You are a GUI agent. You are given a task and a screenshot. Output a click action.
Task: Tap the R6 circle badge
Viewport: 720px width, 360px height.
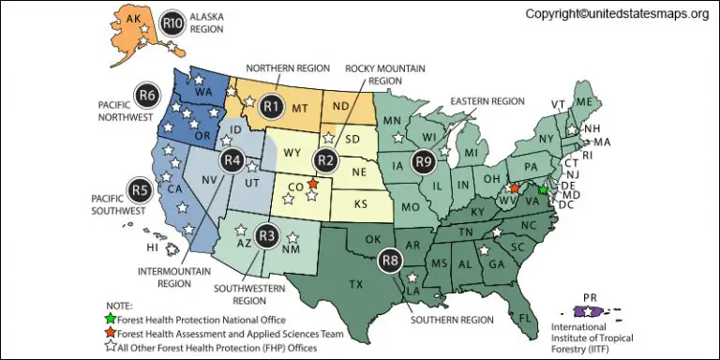(146, 94)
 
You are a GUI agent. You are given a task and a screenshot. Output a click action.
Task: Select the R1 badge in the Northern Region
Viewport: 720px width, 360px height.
(272, 107)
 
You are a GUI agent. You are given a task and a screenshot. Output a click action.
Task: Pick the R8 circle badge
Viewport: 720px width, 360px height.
(390, 261)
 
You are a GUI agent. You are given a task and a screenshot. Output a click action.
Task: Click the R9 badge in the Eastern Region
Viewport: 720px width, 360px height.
(425, 160)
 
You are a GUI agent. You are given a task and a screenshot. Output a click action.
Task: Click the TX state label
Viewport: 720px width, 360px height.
(356, 283)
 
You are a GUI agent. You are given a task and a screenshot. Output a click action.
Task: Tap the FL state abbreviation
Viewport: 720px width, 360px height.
(525, 318)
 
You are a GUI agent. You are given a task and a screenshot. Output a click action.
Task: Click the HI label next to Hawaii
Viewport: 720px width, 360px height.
(152, 248)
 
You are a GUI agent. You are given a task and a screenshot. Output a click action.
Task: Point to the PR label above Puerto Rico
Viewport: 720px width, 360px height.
(590, 297)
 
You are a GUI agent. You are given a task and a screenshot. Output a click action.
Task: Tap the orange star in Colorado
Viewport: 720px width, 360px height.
(313, 184)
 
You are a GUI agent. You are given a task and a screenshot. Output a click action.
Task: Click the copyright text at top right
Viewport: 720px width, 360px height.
(616, 14)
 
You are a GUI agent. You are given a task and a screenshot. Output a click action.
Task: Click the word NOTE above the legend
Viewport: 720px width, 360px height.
(119, 305)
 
